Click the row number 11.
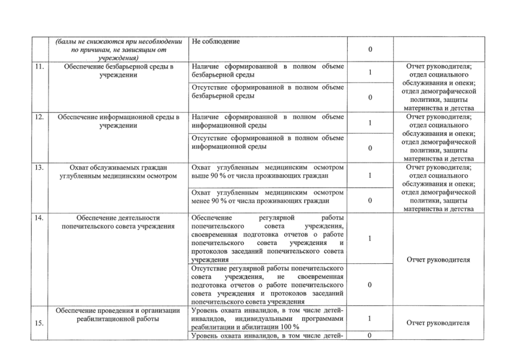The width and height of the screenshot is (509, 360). click(38, 67)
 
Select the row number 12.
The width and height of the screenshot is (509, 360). click(38, 117)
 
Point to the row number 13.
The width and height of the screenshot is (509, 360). click(38, 167)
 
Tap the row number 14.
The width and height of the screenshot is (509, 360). click(38, 218)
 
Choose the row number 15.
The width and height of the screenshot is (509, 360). click(38, 323)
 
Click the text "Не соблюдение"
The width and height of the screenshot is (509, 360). click(216, 42)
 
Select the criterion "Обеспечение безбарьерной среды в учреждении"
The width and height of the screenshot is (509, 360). click(116, 71)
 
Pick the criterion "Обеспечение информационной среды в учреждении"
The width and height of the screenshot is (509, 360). click(116, 121)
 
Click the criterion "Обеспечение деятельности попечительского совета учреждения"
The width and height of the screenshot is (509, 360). click(116, 222)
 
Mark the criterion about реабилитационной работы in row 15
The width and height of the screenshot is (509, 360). click(116, 314)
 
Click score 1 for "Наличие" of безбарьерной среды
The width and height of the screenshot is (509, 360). click(370, 72)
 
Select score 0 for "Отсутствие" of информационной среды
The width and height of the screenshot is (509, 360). click(370, 148)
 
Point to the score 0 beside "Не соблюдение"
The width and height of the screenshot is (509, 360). click(370, 50)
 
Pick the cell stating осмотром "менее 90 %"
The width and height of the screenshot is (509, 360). click(267, 196)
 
